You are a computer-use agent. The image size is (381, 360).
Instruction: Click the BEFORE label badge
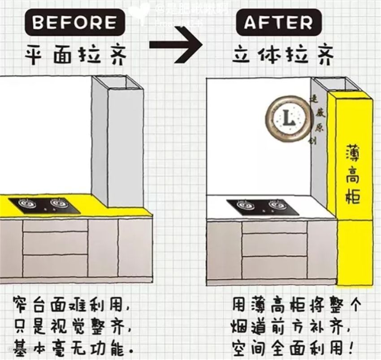pyautogui.click(x=74, y=22)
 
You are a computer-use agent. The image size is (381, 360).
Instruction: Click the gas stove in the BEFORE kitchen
pyautogui.click(x=44, y=205)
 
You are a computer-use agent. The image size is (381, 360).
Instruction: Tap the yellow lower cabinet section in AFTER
pyautogui.click(x=355, y=251)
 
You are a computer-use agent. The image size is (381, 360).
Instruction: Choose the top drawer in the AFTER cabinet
pyautogui.click(x=274, y=227)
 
